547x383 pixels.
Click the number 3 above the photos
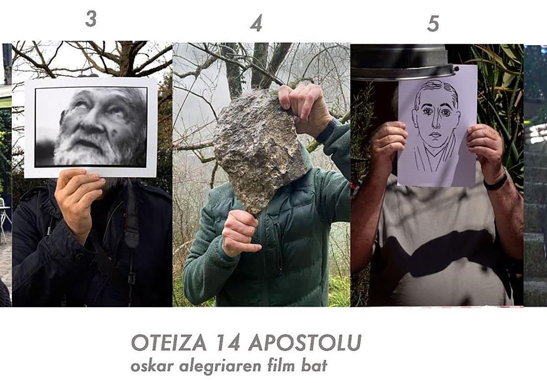point(91,19)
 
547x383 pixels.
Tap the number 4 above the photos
point(256,23)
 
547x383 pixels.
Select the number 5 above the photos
point(433,23)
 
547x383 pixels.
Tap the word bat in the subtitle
point(315,366)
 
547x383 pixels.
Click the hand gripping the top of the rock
point(304,110)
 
